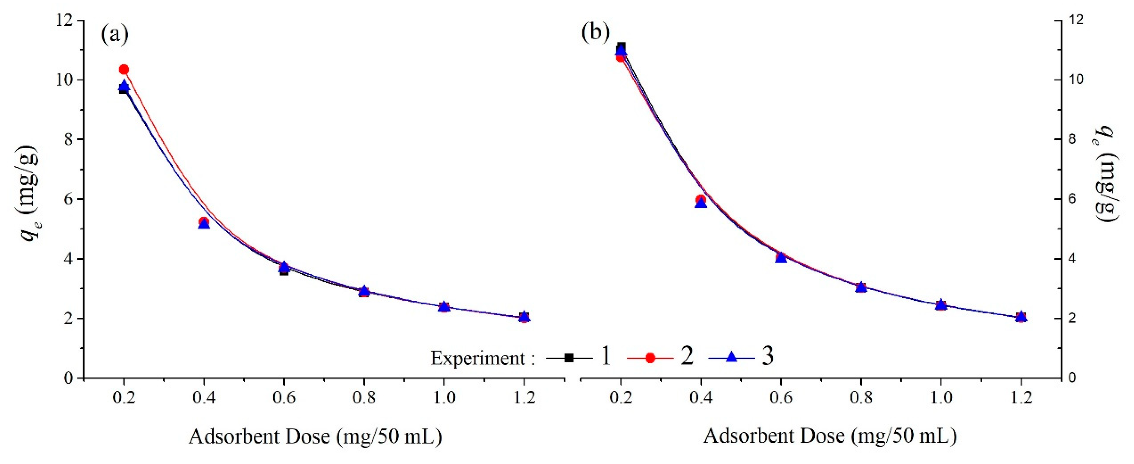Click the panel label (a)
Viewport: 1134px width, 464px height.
click(115, 34)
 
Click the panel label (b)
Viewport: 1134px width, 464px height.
click(596, 32)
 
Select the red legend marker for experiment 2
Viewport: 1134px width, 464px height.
click(650, 358)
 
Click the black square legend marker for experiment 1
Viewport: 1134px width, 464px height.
click(569, 358)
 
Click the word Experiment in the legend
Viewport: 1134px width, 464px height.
click(477, 358)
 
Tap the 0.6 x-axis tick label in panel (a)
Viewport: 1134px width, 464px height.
click(284, 398)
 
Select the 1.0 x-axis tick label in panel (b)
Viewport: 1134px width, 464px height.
click(941, 398)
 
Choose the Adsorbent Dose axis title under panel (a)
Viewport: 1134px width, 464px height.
click(315, 437)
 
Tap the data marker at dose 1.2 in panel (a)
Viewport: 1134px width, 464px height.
click(524, 316)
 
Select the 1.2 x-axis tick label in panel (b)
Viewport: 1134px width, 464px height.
click(1021, 398)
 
